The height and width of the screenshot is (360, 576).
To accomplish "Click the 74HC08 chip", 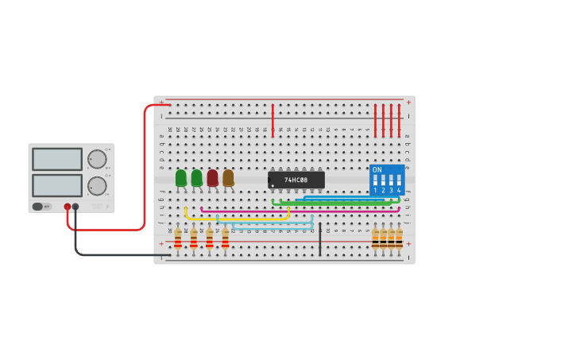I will coord(296,180).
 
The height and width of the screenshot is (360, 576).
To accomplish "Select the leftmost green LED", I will coord(181,178).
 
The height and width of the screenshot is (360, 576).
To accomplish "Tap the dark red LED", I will coord(212,178).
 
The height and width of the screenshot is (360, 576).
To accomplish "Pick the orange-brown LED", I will coord(228,178).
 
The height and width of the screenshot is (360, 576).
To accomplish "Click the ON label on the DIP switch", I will coord(377,170).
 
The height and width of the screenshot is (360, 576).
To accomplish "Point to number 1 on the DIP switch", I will coord(375,191).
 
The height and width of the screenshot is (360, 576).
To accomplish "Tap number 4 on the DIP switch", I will coord(399,191).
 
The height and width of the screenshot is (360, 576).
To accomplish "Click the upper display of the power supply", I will coord(57,159).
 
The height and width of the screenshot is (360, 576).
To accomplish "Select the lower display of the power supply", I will coord(57,185).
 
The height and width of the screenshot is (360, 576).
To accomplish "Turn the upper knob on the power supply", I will coord(97,159).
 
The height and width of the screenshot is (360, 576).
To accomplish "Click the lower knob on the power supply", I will coord(97,186).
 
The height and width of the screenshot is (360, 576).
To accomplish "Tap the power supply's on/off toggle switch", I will coord(38,207).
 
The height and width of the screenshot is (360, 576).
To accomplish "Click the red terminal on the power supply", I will coord(68,207).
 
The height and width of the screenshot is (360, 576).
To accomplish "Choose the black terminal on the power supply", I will coord(75,207).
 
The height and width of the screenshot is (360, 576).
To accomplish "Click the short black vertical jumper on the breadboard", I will coord(320,238).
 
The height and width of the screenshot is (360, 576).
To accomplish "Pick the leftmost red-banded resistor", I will coord(178,238).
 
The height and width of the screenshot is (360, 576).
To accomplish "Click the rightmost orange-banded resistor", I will coord(399,238).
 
